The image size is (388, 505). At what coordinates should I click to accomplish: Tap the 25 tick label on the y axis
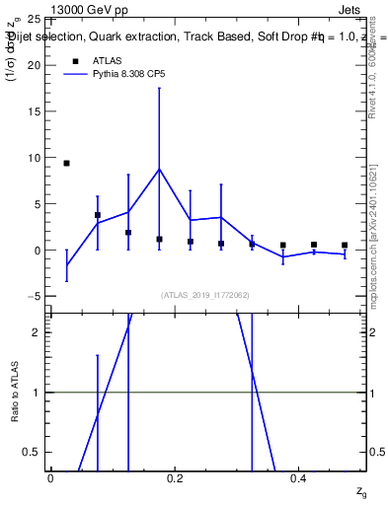pyautogui.click(x=33, y=19)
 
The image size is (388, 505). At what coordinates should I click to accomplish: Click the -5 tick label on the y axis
pyautogui.click(x=33, y=296)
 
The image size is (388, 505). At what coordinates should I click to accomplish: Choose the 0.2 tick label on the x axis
pyautogui.click(x=175, y=477)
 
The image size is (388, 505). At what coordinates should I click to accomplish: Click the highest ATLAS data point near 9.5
pyautogui.click(x=66, y=163)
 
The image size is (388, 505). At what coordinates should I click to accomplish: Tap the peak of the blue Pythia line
pyautogui.click(x=159, y=169)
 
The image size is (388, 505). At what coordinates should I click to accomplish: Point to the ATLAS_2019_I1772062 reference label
pyautogui.click(x=204, y=295)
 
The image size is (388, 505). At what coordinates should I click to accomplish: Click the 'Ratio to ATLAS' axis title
pyautogui.click(x=15, y=392)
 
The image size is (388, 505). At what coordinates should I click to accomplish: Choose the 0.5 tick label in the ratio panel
pyautogui.click(x=33, y=452)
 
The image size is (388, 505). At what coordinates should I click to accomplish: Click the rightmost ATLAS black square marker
pyautogui.click(x=345, y=245)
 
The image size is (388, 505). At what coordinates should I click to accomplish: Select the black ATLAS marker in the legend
pyautogui.click(x=74, y=60)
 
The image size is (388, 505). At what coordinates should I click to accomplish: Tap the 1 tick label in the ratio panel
pyautogui.click(x=37, y=393)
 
